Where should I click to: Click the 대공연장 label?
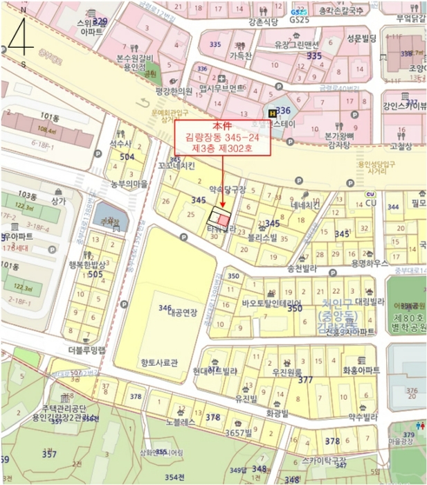pyautogui.click(x=178, y=312)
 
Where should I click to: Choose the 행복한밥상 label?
pyautogui.click(x=87, y=265)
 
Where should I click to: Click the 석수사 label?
pyautogui.click(x=120, y=143)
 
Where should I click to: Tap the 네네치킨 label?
pyautogui.click(x=306, y=205)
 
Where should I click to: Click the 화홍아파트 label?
pyautogui.click(x=361, y=371)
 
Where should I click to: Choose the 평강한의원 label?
pyautogui.click(x=173, y=90)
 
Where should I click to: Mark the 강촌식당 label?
pyautogui.click(x=264, y=21)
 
